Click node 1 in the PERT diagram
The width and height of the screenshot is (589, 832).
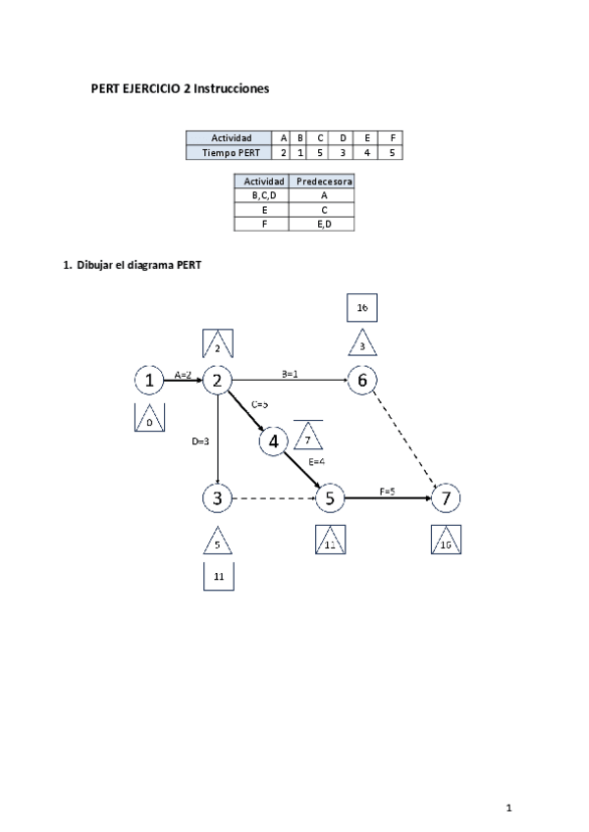(148, 381)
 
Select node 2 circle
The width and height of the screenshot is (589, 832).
(217, 381)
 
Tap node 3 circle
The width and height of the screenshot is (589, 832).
(217, 498)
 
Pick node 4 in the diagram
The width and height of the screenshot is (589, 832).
(273, 442)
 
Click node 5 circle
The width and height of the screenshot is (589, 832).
(330, 498)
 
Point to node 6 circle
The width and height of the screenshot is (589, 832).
(362, 381)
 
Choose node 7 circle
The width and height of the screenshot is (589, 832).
(446, 498)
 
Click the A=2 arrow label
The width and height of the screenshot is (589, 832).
(184, 374)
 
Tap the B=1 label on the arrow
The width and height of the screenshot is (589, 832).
(291, 374)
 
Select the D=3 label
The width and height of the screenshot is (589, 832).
(201, 442)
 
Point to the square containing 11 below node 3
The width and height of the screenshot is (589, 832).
(218, 577)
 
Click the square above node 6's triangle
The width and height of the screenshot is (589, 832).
(362, 308)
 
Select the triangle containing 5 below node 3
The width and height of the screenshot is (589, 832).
(218, 541)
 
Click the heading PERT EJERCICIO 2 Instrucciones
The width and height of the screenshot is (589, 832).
(180, 88)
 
